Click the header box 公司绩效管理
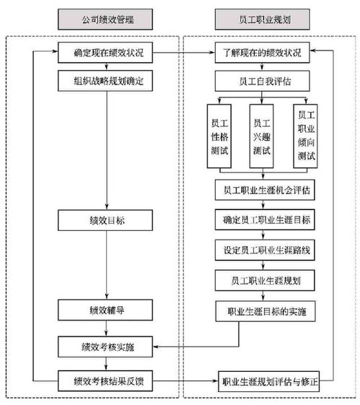[x=105, y=19]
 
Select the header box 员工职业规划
[x=262, y=19]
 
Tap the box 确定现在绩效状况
[x=105, y=53]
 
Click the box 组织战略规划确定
[x=105, y=81]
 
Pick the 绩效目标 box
[x=105, y=220]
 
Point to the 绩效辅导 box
[x=105, y=310]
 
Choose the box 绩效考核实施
[x=105, y=347]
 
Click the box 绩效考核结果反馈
[x=105, y=381]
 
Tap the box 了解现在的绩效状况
[x=262, y=53]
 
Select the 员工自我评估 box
[x=262, y=81]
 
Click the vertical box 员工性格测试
[x=219, y=136]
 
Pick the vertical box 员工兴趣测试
[x=261, y=136]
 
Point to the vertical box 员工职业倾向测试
[x=306, y=136]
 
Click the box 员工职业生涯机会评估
[x=265, y=190]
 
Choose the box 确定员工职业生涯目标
[x=265, y=219]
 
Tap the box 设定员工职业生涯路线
[x=265, y=250]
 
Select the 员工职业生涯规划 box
[x=265, y=281]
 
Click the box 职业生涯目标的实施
[x=265, y=311]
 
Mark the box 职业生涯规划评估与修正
[x=269, y=381]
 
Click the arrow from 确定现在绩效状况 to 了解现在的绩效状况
[x=184, y=53]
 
